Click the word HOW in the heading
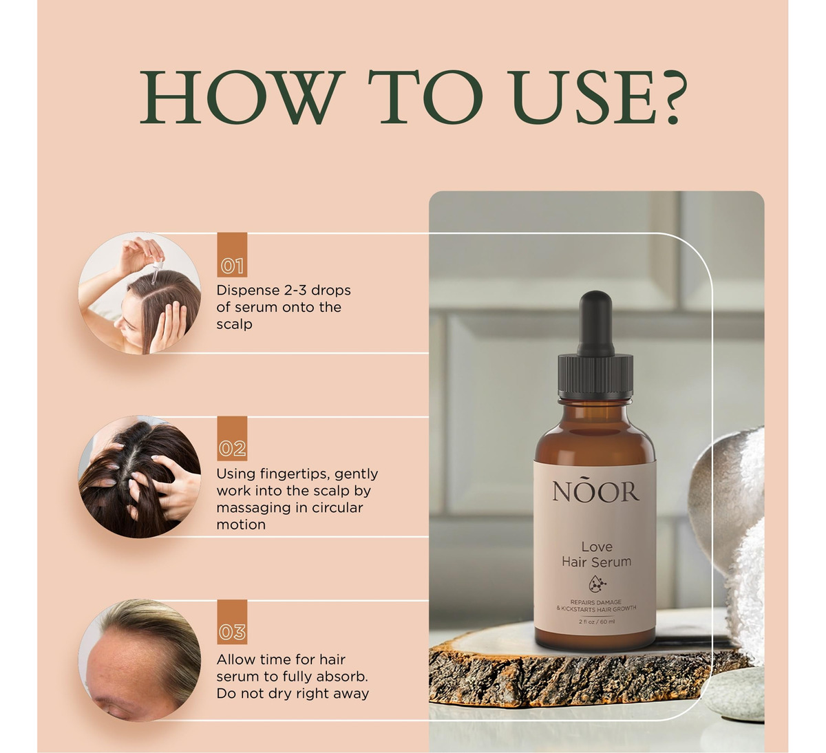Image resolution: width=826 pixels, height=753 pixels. [x=242, y=97]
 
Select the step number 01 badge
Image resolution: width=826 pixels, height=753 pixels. [x=232, y=255]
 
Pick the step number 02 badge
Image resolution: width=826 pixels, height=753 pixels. [x=232, y=438]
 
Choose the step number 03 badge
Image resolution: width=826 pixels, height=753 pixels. [x=232, y=622]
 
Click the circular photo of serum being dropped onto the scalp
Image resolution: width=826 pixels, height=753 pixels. [x=140, y=293]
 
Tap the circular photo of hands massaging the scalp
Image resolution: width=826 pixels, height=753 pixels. [x=140, y=476]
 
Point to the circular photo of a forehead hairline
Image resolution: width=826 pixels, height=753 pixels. [x=140, y=660]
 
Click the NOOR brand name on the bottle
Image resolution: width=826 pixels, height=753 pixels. [x=595, y=490]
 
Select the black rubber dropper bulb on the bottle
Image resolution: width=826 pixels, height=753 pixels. [x=596, y=324]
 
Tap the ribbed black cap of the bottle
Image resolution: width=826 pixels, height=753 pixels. [x=595, y=378]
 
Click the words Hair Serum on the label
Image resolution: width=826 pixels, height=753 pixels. [x=596, y=562]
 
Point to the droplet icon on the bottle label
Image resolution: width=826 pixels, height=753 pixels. [x=597, y=584]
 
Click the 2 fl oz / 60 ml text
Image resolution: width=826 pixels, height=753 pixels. [x=596, y=622]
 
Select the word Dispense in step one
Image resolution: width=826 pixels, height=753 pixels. [x=248, y=291]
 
